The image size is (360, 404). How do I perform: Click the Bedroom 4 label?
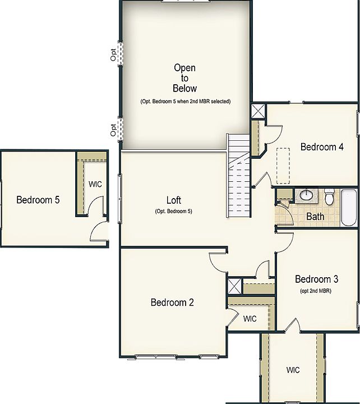point(322,147)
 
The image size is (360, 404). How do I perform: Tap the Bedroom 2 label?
point(172,302)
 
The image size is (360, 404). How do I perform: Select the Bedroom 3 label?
point(317,279)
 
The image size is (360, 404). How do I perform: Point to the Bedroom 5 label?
point(38,200)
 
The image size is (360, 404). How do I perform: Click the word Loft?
point(174,200)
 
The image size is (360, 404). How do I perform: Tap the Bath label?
point(315,216)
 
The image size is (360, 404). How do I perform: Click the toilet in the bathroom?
point(330,198)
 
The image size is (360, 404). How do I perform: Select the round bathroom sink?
point(306,195)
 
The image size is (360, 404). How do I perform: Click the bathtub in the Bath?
point(349,208)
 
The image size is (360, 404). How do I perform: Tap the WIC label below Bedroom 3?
point(293,370)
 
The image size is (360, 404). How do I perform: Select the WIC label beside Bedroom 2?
point(250,319)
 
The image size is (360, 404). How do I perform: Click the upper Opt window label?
point(113,54)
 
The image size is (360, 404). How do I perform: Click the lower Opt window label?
point(113,130)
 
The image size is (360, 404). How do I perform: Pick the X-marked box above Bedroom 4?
point(259,111)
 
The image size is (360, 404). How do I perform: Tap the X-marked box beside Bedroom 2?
point(234,286)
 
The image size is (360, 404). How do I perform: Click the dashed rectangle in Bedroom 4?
point(283,166)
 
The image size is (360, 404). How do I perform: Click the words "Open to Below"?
point(184,78)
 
